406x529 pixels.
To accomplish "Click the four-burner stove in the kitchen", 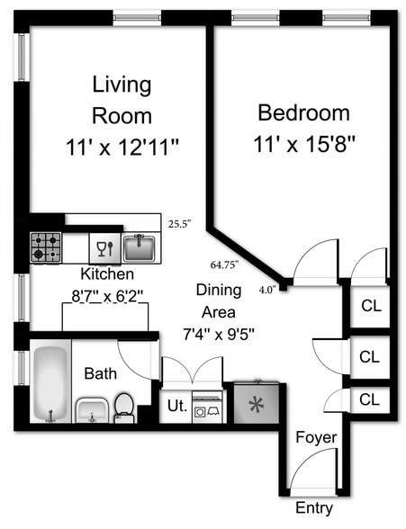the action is point(46,247).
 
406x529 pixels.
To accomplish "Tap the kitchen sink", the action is point(139,248).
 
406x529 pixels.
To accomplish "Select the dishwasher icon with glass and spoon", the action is point(104,248).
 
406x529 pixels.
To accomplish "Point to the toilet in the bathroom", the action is point(124,408).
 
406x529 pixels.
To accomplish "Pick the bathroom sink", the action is point(92,410).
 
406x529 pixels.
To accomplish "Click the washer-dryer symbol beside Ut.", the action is point(207,407).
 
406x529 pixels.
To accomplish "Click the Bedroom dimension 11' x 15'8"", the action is point(304,144).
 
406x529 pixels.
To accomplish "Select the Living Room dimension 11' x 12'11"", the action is point(122,148).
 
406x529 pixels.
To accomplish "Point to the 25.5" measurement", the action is point(180,224).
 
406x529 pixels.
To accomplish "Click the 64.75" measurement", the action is point(225,264).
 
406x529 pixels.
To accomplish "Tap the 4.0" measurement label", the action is point(268,290).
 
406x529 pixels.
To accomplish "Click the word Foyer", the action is point(316,437).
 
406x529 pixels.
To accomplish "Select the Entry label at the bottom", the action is point(314,507).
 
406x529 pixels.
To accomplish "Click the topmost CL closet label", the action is point(371,306).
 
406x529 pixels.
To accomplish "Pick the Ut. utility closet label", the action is point(177,406).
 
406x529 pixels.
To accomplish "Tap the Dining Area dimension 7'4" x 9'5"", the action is point(219,335).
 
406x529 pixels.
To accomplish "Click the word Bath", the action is point(100,373).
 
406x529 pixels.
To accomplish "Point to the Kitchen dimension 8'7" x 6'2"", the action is point(107,297).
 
